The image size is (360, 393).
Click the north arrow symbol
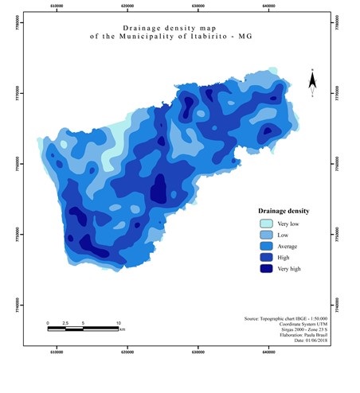pos(313,83)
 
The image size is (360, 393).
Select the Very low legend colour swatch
pos(264,224)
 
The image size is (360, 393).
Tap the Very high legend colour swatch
pos(264,269)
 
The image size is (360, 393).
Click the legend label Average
pos(289,247)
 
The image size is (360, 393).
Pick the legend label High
pos(285,258)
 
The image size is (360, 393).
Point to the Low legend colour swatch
pos(264,235)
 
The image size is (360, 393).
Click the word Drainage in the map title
pos(145,28)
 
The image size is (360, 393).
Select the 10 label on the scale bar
pos(119,323)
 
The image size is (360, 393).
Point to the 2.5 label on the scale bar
pos(65,323)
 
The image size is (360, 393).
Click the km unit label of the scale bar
pos(122,329)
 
